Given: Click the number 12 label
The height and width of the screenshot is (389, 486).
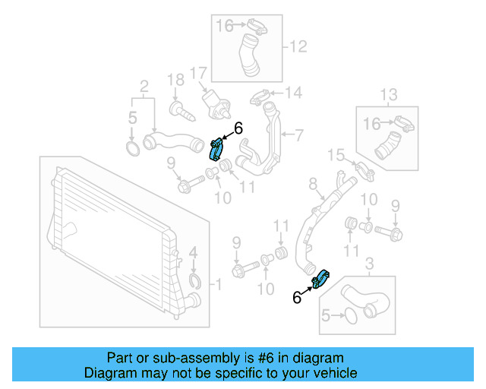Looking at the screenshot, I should [298, 47].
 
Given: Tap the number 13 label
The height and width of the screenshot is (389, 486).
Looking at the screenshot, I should [388, 95].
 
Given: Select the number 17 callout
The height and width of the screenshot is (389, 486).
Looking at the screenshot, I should [198, 74].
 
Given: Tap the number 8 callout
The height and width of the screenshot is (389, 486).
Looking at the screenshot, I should [312, 183].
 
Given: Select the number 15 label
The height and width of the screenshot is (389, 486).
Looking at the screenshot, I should [337, 156].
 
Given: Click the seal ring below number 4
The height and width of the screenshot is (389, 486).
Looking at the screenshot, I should [195, 284].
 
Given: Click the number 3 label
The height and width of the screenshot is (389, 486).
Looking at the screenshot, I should [370, 264].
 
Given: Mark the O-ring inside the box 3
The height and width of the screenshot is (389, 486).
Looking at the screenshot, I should [348, 313].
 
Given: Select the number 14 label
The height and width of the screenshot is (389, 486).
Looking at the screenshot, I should [293, 93].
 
